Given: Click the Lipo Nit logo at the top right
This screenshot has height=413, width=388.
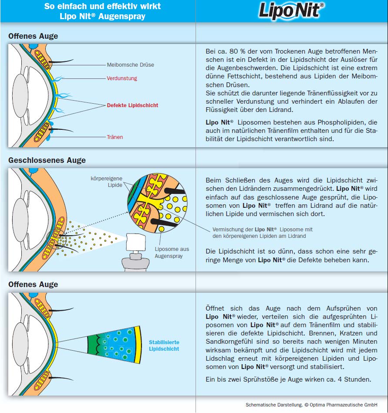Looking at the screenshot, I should tap(291, 11).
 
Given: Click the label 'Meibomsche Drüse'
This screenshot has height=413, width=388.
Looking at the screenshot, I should tap(130, 65).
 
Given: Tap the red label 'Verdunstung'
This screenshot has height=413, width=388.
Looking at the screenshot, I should tap(122, 78).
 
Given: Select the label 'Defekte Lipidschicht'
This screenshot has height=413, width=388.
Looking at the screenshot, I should tap(132, 105).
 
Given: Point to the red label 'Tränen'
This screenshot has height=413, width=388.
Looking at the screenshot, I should tap(115, 137).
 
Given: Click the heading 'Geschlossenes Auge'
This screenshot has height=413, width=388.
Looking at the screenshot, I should tap(47, 160).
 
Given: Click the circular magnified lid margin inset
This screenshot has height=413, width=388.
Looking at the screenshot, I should tap(155, 200).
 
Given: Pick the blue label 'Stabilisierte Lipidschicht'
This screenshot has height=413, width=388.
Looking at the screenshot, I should tap(164, 345).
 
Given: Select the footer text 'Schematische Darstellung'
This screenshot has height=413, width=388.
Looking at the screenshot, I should tap(273, 405).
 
